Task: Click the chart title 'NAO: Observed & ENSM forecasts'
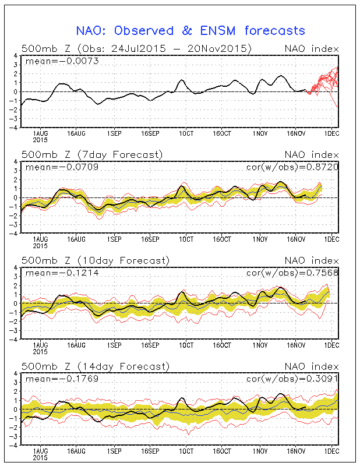(x=190, y=30)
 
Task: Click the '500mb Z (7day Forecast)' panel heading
(x=92, y=154)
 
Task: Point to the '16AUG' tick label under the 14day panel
(x=76, y=451)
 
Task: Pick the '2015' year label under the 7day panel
(x=40, y=246)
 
